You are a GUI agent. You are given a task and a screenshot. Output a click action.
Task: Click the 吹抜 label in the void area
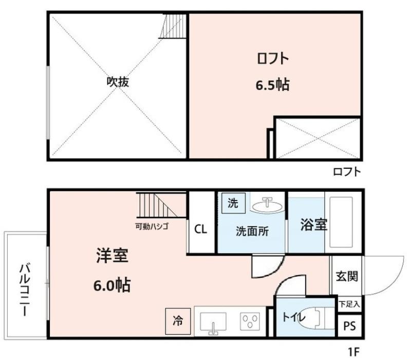tap(118, 82)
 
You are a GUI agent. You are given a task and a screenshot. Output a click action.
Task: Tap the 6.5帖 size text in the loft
tap(273, 85)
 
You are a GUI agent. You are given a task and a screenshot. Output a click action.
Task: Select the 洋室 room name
tap(112, 255)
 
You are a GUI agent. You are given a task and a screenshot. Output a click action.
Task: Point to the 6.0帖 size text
tap(112, 285)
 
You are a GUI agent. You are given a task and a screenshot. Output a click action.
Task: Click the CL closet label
tap(201, 229)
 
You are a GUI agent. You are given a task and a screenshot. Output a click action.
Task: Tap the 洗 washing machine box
tap(233, 203)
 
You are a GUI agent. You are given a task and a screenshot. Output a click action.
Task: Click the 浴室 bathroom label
tap(314, 225)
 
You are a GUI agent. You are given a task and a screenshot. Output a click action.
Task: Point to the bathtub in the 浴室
tap(341, 222)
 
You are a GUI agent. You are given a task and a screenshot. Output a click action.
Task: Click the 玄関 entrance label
tap(347, 276)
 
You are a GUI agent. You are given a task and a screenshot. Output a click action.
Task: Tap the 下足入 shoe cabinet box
tap(349, 304)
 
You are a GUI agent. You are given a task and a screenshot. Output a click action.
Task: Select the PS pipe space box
tap(350, 326)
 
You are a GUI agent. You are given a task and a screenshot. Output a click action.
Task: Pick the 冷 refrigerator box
tap(178, 321)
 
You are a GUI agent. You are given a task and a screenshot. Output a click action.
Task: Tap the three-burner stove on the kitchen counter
tap(250, 321)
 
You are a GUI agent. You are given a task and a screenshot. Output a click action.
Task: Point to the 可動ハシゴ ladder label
tap(152, 226)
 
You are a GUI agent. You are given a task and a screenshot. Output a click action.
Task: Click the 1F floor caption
tap(353, 351)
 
